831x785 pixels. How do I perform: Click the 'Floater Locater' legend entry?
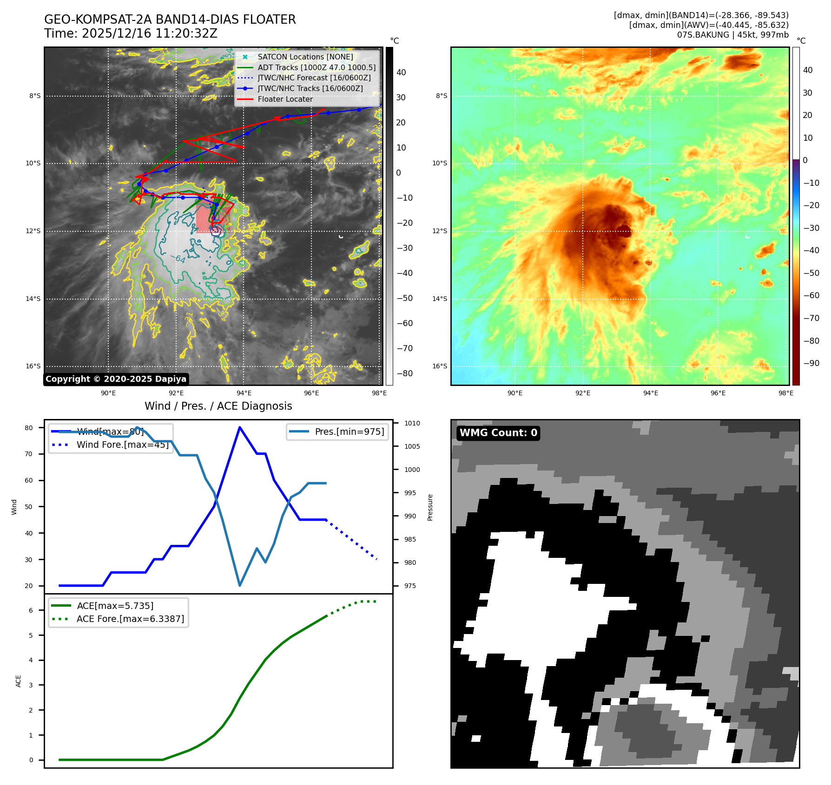pos(285,99)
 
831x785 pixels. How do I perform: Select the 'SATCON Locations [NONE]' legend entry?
pos(305,57)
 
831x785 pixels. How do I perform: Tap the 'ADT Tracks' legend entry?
pos(316,67)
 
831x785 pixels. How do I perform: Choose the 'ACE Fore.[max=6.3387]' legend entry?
pos(130,619)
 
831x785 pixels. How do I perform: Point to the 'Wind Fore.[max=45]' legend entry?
pos(122,445)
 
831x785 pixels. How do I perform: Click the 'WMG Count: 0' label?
pos(498,433)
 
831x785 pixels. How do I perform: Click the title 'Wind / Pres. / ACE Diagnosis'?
pos(218,406)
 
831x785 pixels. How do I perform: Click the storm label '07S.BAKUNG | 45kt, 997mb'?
pos(732,35)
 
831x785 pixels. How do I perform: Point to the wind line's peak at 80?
pos(240,427)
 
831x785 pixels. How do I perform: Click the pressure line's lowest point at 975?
pos(240,585)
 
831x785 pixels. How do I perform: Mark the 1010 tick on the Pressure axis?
pos(412,423)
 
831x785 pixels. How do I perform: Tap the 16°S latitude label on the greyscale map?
pos(33,366)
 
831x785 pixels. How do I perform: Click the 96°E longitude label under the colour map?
pos(718,393)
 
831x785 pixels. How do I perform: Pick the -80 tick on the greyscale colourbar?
pos(404,373)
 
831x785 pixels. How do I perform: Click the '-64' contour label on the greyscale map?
pos(178,259)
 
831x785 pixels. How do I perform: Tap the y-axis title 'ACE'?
pos(19,681)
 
